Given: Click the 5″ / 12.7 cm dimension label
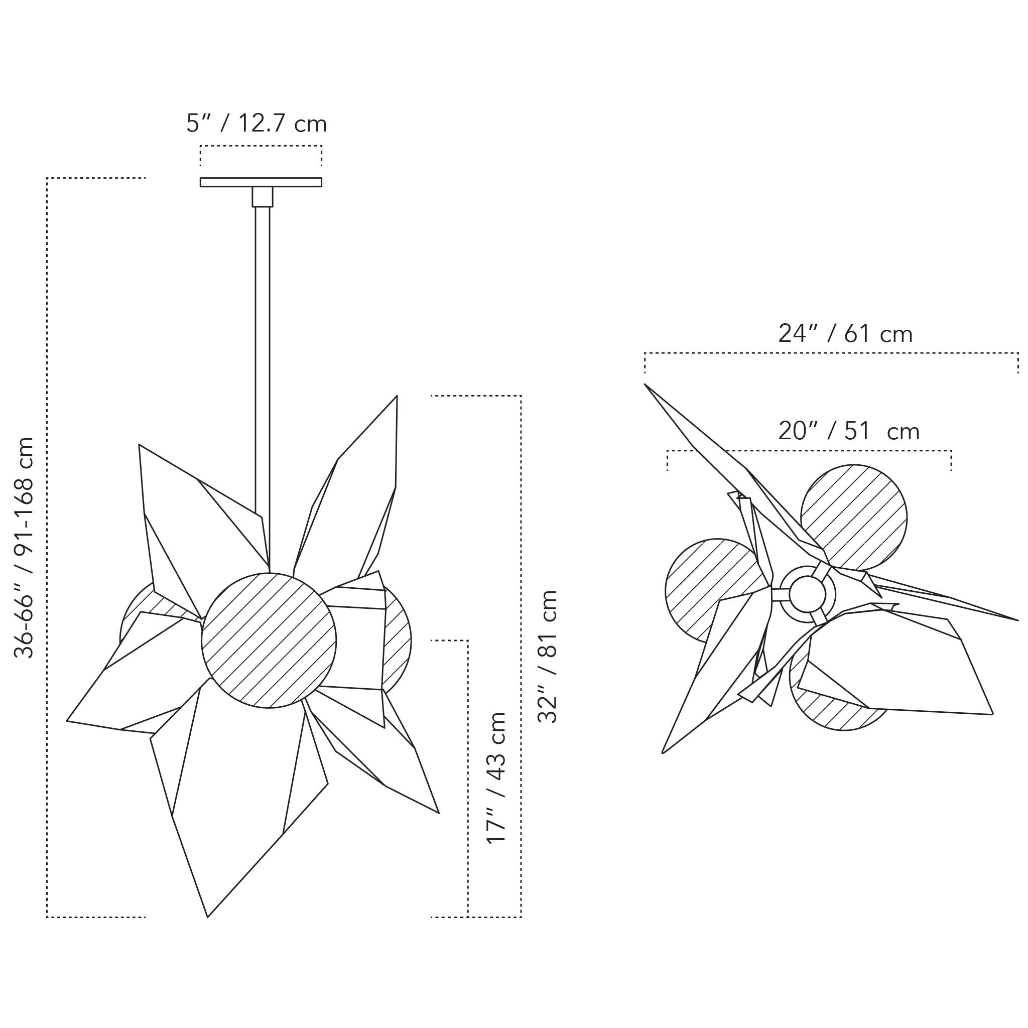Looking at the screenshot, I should click(256, 124).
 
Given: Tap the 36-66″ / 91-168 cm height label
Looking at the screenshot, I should click(25, 548).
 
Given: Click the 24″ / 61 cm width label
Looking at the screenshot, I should click(845, 334).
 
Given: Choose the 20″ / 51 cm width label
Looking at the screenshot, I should click(849, 431).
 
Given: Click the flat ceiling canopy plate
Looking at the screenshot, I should click(261, 182).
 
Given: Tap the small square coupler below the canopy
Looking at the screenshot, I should click(263, 196).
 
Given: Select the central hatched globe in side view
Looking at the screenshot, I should click(269, 640).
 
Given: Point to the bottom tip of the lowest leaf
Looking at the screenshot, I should click(208, 916).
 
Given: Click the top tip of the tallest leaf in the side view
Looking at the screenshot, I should click(397, 397).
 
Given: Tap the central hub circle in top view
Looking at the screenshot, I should click(807, 594).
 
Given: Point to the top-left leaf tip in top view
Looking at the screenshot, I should click(646, 384).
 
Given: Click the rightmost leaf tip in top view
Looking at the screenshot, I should click(1017, 620).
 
